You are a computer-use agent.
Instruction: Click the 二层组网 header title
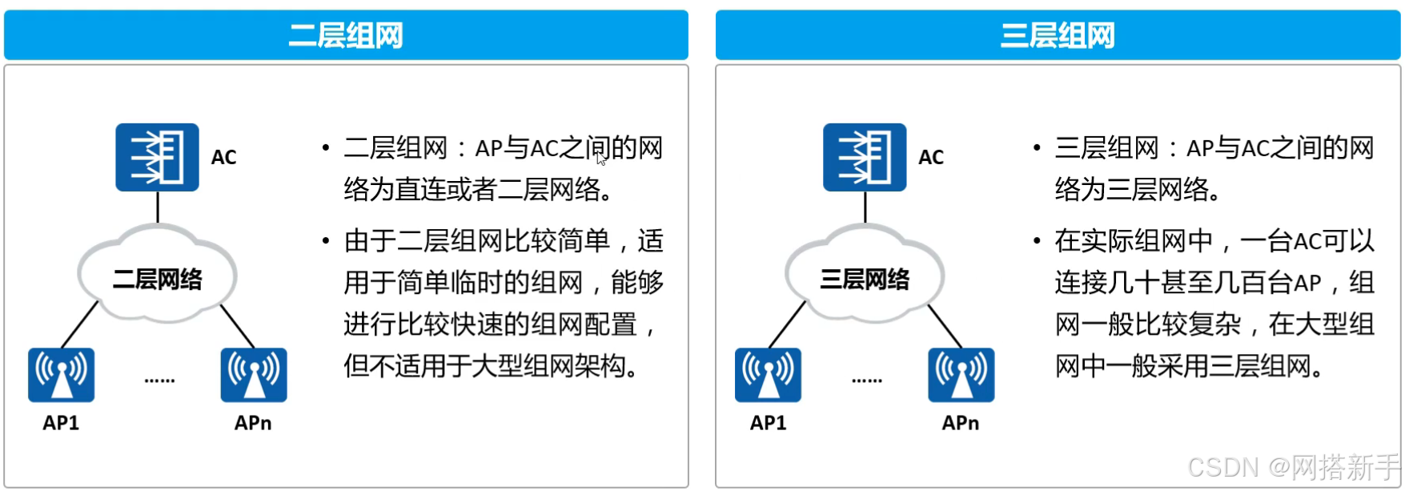click(x=346, y=36)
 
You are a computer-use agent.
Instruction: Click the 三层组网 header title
click(x=1058, y=36)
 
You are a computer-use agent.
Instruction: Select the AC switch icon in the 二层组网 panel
click(x=157, y=157)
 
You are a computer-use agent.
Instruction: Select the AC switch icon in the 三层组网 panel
click(x=865, y=157)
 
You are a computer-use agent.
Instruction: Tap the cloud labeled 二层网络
click(x=157, y=276)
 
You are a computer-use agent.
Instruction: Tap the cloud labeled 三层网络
click(x=865, y=276)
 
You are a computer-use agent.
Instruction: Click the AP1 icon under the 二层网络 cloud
click(x=61, y=374)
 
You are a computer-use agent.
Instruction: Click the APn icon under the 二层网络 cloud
click(x=254, y=374)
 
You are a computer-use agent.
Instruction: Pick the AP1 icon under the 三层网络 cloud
click(x=768, y=374)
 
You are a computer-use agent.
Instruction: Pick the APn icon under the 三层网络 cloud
click(x=961, y=374)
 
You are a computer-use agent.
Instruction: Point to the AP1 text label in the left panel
click(x=61, y=423)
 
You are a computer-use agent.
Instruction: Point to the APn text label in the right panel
click(x=961, y=423)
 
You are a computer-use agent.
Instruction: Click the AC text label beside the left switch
click(x=224, y=157)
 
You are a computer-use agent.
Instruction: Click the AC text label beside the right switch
click(x=931, y=157)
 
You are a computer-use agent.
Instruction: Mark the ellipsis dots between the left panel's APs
click(x=159, y=380)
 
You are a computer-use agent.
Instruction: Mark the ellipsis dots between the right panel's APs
click(x=867, y=380)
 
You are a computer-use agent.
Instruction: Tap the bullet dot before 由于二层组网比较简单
click(x=326, y=240)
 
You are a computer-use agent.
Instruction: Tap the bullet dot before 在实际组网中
click(x=1037, y=240)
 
